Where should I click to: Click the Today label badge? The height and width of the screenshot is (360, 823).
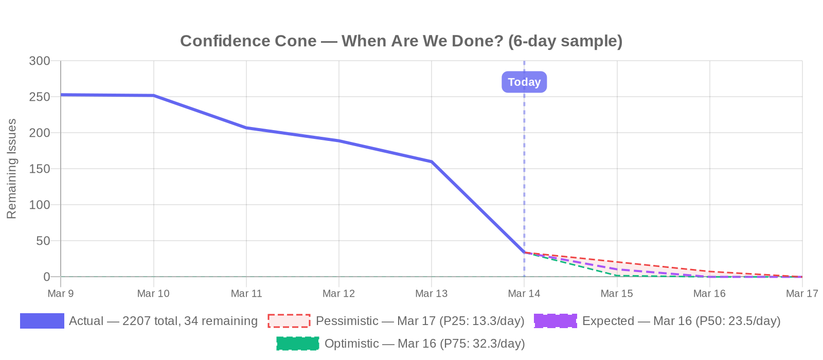click(x=524, y=82)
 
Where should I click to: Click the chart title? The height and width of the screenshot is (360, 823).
click(x=401, y=41)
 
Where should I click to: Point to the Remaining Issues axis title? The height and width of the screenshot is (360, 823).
click(x=12, y=169)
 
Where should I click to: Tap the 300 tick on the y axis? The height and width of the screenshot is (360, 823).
click(x=40, y=61)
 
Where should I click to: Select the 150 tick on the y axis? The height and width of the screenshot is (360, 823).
click(x=40, y=169)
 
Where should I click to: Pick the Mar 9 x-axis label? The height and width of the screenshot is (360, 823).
click(x=61, y=294)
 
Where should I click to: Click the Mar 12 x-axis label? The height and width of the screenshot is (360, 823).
click(x=338, y=294)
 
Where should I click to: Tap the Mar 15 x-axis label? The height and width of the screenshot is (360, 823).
click(x=617, y=294)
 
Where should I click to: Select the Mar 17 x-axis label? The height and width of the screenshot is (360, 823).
click(x=801, y=294)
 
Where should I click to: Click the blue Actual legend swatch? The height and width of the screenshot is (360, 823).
click(x=42, y=321)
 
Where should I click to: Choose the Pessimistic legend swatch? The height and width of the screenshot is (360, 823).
click(x=289, y=321)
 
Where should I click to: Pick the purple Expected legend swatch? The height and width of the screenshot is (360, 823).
click(x=556, y=321)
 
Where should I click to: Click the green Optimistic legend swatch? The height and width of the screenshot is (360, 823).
click(x=298, y=344)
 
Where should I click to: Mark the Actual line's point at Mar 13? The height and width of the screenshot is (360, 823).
click(x=432, y=161)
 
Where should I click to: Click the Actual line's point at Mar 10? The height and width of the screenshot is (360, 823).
click(x=154, y=96)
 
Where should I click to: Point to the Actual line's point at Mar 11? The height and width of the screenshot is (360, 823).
click(x=246, y=128)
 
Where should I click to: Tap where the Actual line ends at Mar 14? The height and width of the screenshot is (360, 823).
click(x=524, y=253)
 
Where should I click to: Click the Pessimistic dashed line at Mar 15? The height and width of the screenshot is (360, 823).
click(x=617, y=262)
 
